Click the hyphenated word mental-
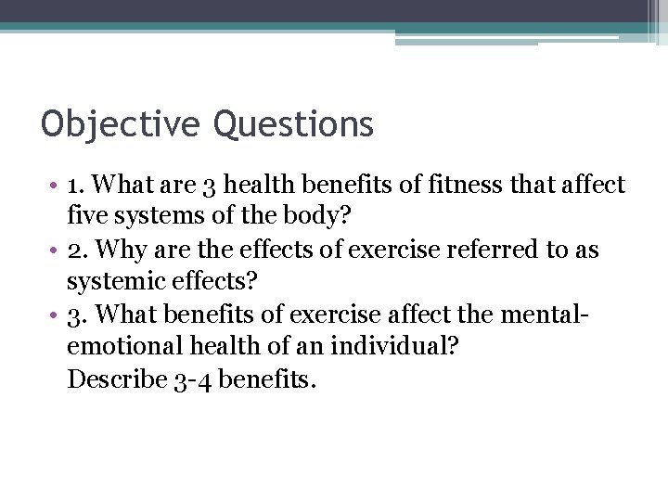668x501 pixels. point(545,315)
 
